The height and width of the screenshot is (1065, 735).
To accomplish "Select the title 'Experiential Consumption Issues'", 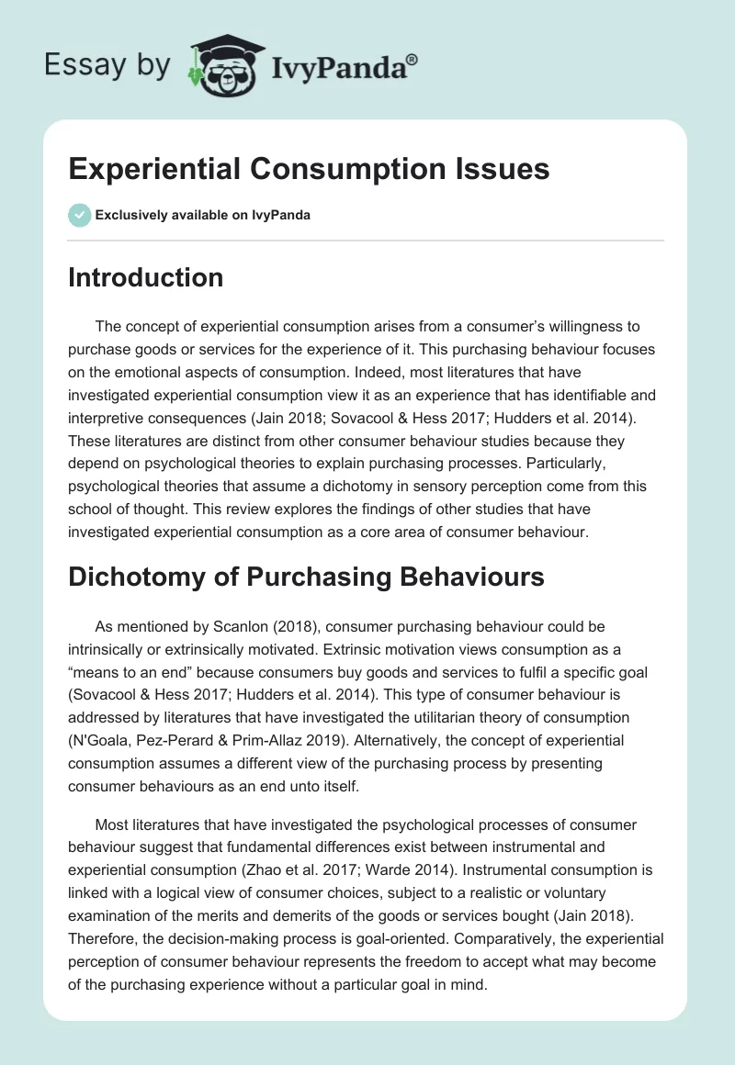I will [x=309, y=169].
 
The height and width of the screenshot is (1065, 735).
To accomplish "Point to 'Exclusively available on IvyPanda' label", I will [x=203, y=215].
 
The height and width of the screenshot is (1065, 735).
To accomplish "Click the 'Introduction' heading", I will [x=145, y=277].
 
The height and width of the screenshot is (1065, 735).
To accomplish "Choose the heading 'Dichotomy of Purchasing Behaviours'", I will [x=306, y=577].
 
